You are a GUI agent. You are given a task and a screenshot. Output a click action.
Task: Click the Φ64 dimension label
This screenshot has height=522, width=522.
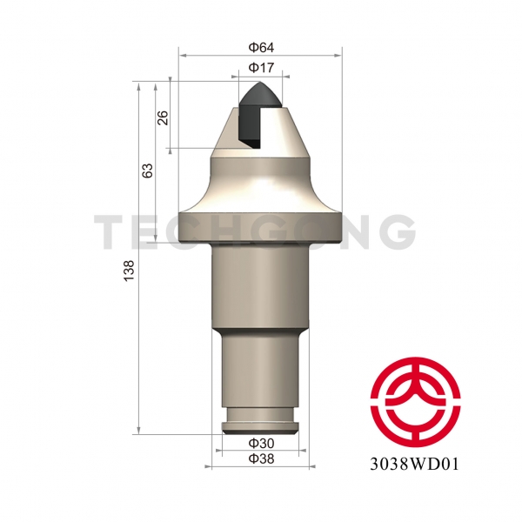[x=260, y=44]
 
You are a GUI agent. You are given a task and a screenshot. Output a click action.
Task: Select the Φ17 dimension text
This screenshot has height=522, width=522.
[x=260, y=68]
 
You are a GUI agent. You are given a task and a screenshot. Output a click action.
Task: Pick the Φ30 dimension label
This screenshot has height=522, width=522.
[x=260, y=443]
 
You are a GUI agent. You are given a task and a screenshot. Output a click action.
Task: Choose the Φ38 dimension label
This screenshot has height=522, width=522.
[x=260, y=458]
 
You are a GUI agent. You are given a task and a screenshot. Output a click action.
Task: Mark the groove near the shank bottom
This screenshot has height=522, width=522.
[x=260, y=418]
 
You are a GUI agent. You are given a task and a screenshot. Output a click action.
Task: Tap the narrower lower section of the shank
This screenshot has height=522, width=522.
[x=260, y=370]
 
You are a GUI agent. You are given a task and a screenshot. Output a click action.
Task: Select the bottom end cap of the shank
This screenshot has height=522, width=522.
[x=260, y=427]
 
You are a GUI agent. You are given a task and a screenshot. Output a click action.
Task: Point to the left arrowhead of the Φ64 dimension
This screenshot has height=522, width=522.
[x=183, y=55]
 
